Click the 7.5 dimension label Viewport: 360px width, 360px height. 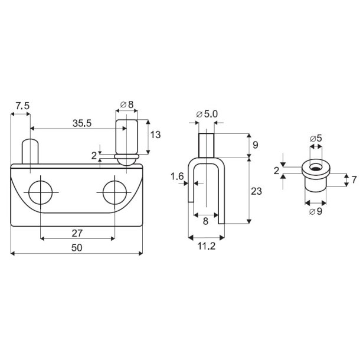coord(22,106)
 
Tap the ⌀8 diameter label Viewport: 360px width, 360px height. coord(126,105)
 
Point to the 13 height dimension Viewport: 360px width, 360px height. coord(155,135)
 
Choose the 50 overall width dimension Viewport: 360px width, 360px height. coord(77,249)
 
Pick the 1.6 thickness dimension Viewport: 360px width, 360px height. coord(176,176)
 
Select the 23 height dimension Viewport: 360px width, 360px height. coord(257,191)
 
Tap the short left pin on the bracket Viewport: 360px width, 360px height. coord(30,152)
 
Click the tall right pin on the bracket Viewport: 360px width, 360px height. coord(126,136)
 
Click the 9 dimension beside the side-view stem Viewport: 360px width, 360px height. coord(255,145)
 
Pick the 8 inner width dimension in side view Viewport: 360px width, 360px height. coord(205,221)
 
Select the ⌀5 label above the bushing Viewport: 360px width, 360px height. coord(316,139)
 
